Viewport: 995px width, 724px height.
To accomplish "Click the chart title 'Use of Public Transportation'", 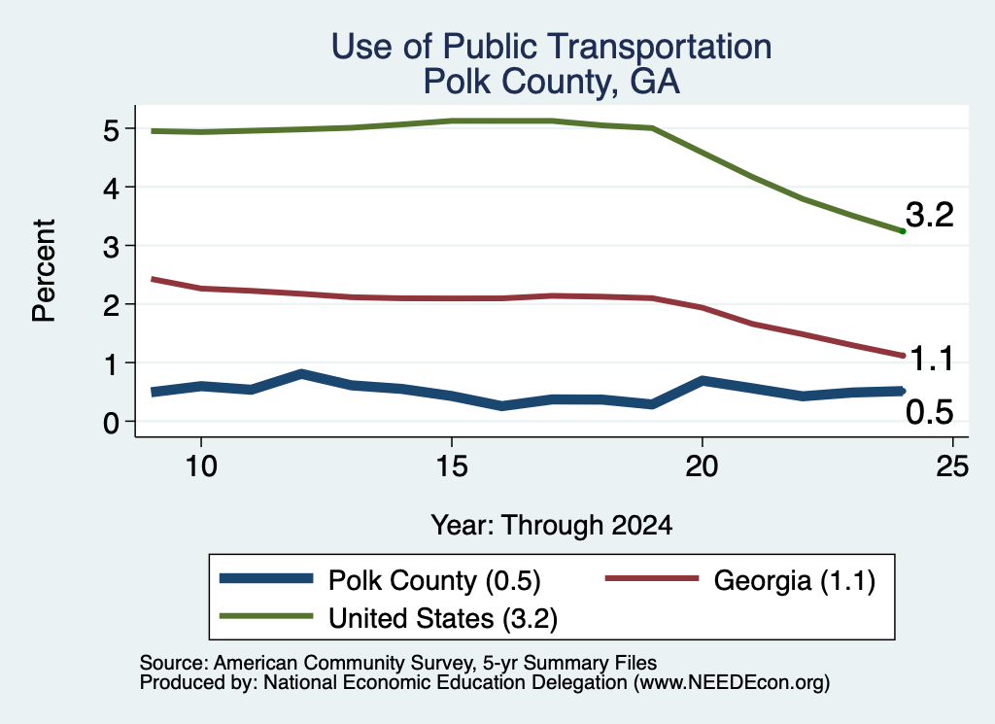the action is pyautogui.click(x=552, y=47).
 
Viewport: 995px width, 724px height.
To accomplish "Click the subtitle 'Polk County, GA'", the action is pyautogui.click(x=552, y=82).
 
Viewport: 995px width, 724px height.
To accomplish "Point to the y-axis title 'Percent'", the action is pyautogui.click(x=44, y=271).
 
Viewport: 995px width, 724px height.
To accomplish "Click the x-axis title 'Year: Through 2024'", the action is pyautogui.click(x=552, y=526).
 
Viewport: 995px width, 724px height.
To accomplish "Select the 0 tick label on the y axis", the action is pyautogui.click(x=112, y=423).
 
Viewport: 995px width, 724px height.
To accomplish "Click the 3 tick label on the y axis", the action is pyautogui.click(x=112, y=247).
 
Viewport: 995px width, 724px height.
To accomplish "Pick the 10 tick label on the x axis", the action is pyautogui.click(x=201, y=467).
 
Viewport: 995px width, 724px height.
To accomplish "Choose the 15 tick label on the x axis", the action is pyautogui.click(x=452, y=467).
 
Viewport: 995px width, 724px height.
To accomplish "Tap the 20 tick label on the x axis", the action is pyautogui.click(x=702, y=467).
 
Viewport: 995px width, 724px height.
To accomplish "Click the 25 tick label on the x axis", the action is pyautogui.click(x=952, y=467).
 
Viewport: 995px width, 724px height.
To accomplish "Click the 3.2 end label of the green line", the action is pyautogui.click(x=930, y=215).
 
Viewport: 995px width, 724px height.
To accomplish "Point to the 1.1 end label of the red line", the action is pyautogui.click(x=932, y=360).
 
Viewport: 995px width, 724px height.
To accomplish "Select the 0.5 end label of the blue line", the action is pyautogui.click(x=930, y=412).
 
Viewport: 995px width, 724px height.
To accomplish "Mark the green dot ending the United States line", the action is pyautogui.click(x=903, y=231).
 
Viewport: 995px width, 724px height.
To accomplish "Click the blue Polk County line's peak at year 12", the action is pyautogui.click(x=301, y=374).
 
